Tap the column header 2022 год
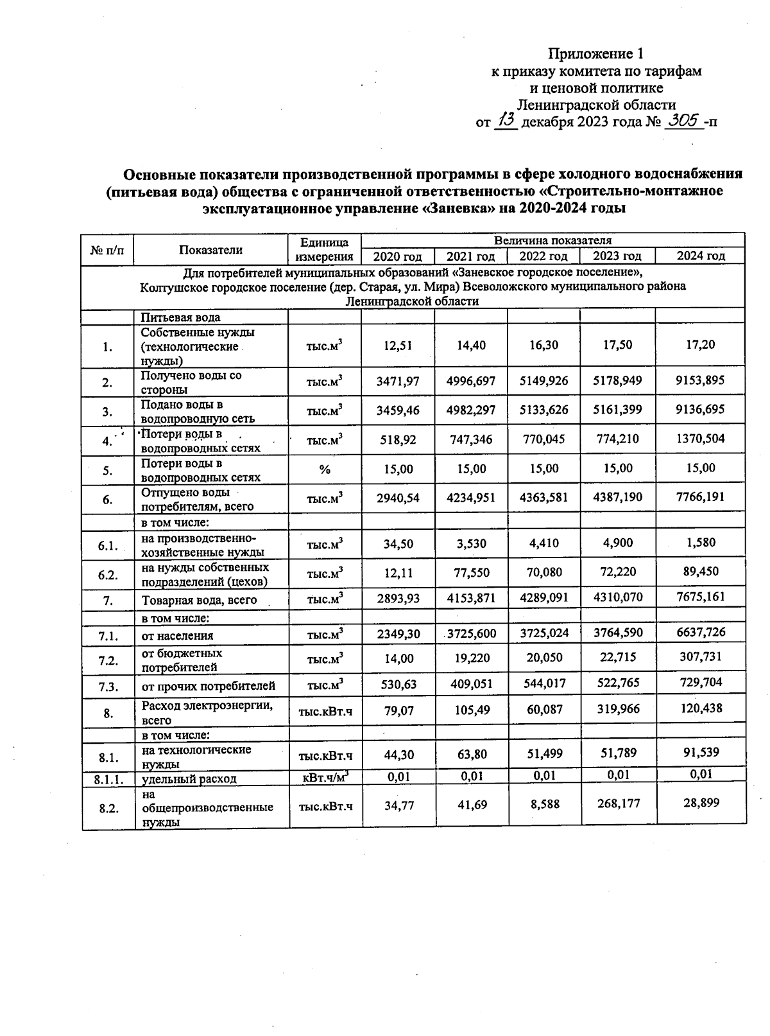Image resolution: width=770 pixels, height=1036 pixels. (x=543, y=256)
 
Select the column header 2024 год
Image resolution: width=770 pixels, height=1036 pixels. (x=701, y=256)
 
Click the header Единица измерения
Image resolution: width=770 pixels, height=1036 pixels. (x=325, y=250)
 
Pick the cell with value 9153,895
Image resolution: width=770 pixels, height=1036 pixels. (x=701, y=380)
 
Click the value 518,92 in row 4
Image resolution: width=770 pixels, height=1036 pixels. (x=398, y=440)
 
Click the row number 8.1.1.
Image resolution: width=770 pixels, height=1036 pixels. (x=108, y=778)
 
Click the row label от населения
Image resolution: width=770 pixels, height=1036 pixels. (x=177, y=636)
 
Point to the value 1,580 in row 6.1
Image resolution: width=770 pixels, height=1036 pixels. (x=701, y=543)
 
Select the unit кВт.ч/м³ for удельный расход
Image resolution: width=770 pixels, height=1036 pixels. (x=325, y=777)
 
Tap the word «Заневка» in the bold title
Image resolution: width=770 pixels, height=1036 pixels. (x=461, y=208)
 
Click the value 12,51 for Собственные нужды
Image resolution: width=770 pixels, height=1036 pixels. (x=398, y=346)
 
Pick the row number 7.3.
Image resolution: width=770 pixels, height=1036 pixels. (x=108, y=687)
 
